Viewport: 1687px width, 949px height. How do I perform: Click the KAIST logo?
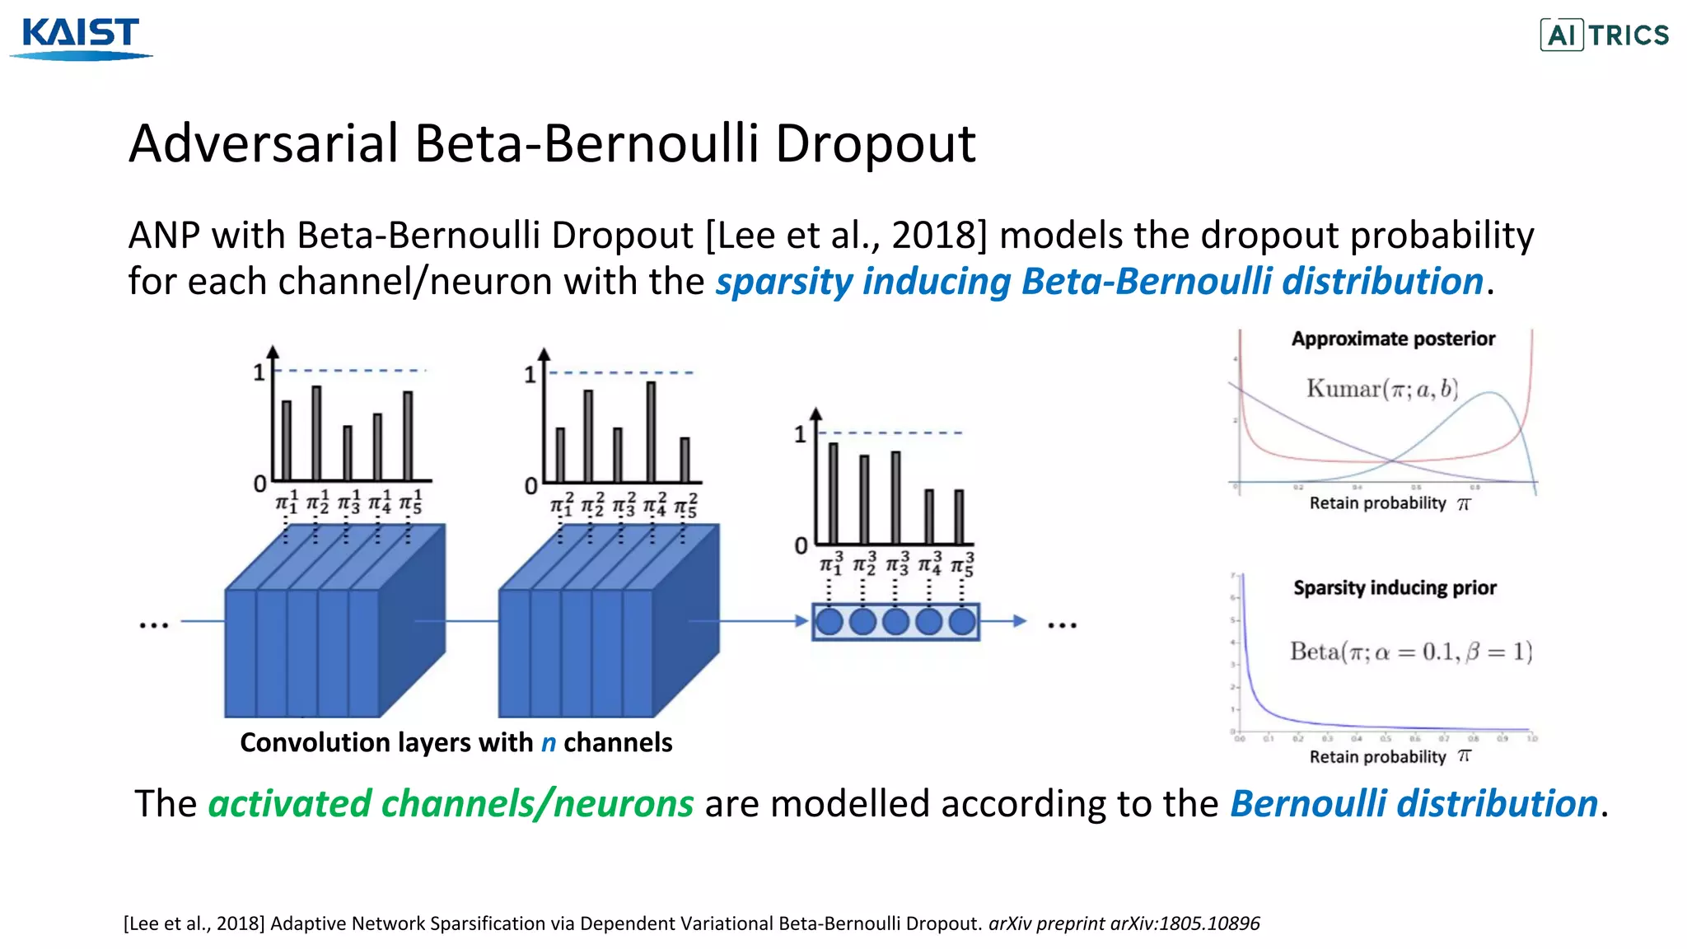(x=81, y=38)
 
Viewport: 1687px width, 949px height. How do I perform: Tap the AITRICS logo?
(x=1605, y=35)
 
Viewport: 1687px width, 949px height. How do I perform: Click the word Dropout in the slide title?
(x=875, y=144)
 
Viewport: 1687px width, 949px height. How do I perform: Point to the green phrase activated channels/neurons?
(x=451, y=804)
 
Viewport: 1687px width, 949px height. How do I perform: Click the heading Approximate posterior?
(x=1393, y=339)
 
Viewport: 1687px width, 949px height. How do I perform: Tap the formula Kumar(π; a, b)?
(x=1381, y=389)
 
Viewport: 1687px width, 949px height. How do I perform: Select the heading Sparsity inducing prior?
(x=1395, y=587)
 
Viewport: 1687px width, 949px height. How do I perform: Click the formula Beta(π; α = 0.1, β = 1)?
(x=1410, y=652)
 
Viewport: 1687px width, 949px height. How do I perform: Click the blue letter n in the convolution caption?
(x=549, y=743)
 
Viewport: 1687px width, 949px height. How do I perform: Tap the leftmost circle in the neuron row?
(x=829, y=621)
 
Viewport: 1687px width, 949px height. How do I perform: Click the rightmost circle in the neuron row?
(x=962, y=621)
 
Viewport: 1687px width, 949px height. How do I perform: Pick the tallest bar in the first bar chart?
(x=316, y=433)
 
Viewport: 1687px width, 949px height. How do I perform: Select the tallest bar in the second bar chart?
(x=651, y=432)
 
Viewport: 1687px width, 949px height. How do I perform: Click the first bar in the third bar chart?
(x=833, y=493)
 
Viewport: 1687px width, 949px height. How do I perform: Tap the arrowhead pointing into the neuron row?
(x=801, y=621)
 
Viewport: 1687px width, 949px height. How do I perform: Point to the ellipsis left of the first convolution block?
(x=154, y=625)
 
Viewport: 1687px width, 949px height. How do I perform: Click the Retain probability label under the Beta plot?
(x=1377, y=757)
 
